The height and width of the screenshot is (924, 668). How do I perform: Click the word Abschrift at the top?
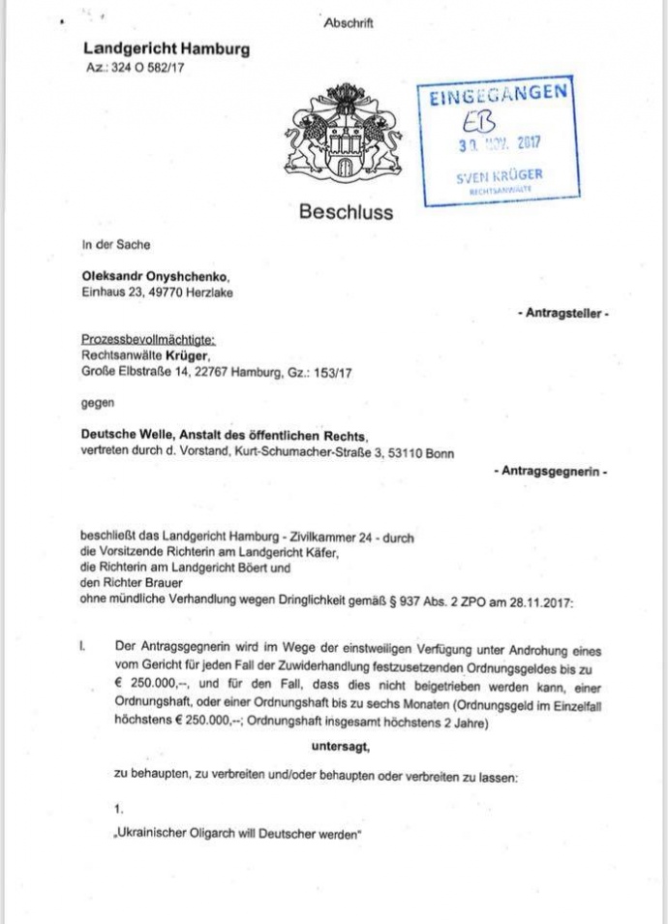pos(349,22)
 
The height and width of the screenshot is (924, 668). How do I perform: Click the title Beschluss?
pos(346,211)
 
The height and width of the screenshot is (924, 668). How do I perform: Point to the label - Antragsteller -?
pos(562,314)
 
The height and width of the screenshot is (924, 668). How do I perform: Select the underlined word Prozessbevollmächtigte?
pos(148,340)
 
